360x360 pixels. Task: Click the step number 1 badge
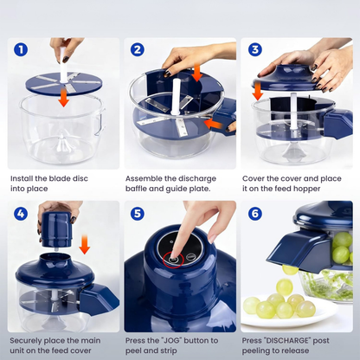(20, 50)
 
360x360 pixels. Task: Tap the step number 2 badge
(137, 50)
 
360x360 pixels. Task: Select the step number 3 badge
(254, 50)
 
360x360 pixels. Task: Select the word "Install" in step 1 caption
(22, 179)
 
